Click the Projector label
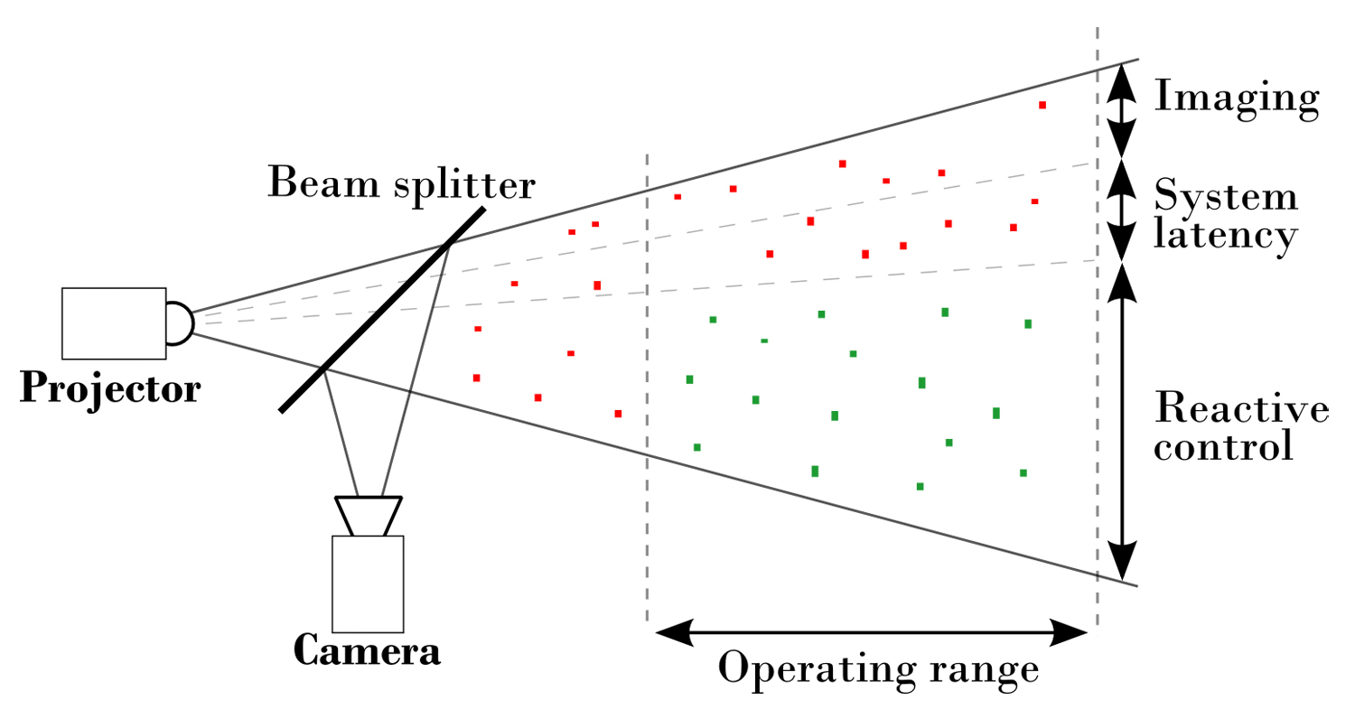(109, 388)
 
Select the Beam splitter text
(401, 183)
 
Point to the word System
(1226, 196)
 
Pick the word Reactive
(1241, 409)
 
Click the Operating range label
(877, 670)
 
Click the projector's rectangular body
(114, 322)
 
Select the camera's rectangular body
(368, 584)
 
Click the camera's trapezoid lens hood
(369, 516)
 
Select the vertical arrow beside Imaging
(1121, 110)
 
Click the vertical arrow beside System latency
(1121, 210)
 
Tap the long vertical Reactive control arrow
(1121, 421)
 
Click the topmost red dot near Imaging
(1042, 106)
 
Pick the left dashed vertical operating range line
(647, 388)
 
